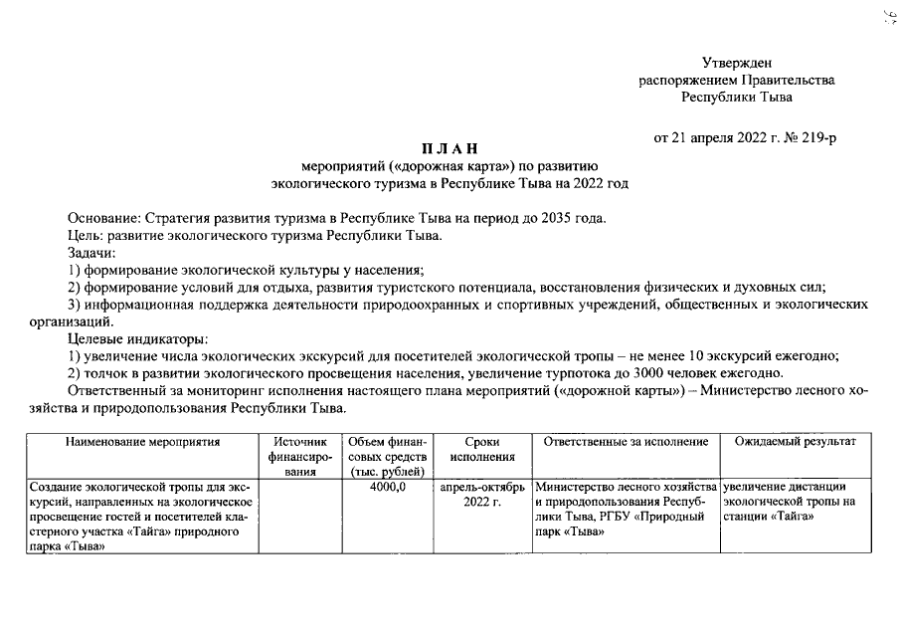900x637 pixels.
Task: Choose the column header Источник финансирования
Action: coord(298,457)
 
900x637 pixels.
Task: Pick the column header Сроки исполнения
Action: coord(481,449)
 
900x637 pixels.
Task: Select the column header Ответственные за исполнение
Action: coord(626,442)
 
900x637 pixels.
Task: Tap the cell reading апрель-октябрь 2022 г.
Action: coord(481,494)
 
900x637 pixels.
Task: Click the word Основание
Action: coord(103,217)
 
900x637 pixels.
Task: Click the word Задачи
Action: coord(91,253)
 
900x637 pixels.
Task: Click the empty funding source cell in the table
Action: coord(298,522)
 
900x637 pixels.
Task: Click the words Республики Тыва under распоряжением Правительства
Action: coord(736,97)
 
